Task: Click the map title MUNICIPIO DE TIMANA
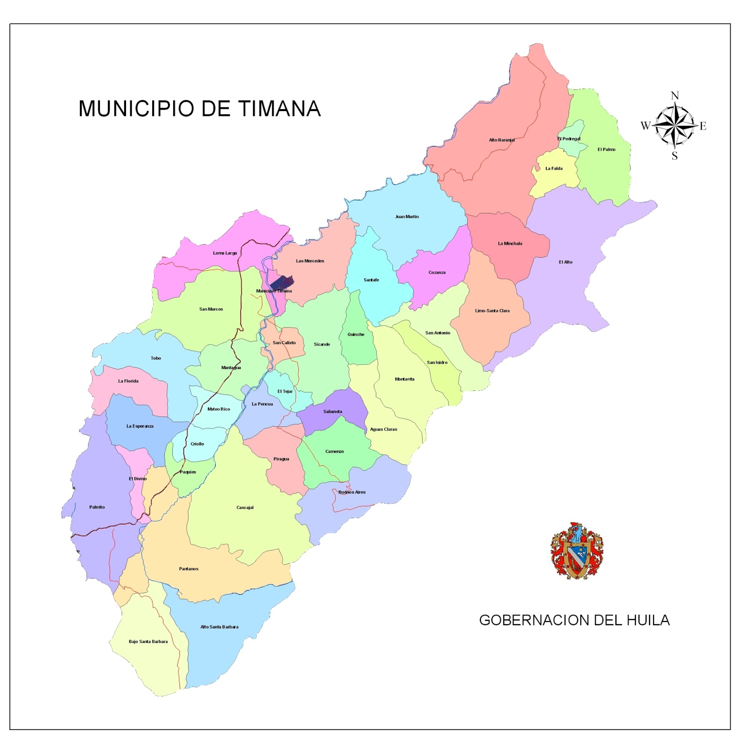(x=199, y=109)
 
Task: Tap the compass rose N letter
(x=675, y=96)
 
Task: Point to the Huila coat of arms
(x=577, y=551)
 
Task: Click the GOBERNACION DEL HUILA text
(x=574, y=620)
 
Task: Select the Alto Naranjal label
(x=502, y=140)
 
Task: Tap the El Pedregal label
(x=569, y=139)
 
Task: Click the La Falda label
(x=554, y=169)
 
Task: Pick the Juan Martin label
(x=407, y=217)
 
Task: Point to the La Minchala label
(x=510, y=244)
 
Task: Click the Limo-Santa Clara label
(x=492, y=311)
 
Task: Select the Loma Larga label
(x=225, y=253)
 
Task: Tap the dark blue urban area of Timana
(x=282, y=282)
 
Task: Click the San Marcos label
(x=211, y=309)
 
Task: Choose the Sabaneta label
(x=332, y=412)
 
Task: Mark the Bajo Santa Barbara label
(x=148, y=641)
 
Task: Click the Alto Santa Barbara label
(x=219, y=627)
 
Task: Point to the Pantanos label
(x=189, y=569)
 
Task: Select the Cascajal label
(x=245, y=507)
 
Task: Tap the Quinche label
(x=356, y=334)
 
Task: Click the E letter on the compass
(x=703, y=126)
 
